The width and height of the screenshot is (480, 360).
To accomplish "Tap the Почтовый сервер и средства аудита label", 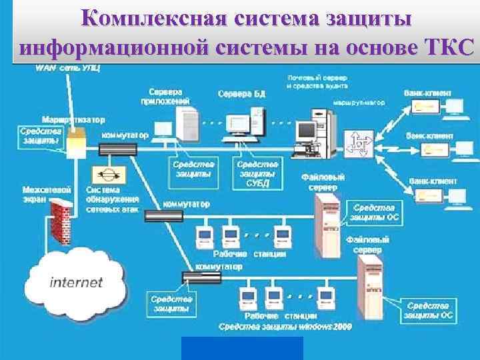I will pyautogui.click(x=320, y=83).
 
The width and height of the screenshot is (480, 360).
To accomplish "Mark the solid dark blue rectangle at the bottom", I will pyautogui.click(x=242, y=348).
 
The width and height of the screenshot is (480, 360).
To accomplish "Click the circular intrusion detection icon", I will pyautogui.click(x=106, y=175).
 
